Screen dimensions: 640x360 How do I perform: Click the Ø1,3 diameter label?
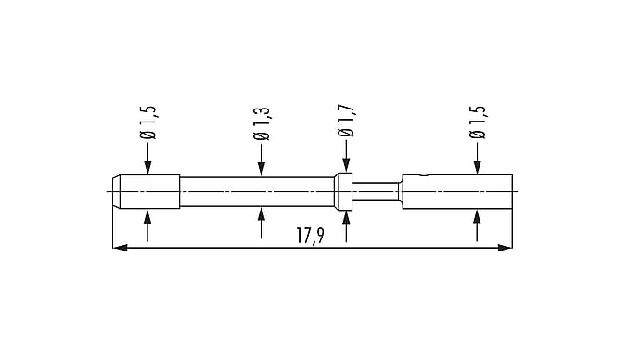coord(262,123)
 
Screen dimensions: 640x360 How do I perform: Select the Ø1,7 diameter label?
coord(346,121)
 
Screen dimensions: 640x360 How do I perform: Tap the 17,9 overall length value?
coord(310,236)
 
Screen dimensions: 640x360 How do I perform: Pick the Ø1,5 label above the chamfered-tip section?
coord(147,122)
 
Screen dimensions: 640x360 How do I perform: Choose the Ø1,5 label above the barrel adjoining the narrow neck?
coord(477,122)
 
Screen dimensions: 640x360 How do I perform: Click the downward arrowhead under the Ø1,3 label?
coord(262,169)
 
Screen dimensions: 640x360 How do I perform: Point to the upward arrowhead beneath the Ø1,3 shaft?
coord(262,214)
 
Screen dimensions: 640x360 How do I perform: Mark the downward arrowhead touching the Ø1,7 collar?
coord(346,165)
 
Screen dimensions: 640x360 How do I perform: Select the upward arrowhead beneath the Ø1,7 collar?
coord(346,218)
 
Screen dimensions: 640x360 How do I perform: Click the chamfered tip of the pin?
coord(116,191)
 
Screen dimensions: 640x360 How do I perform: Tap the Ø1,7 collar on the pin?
coord(344,191)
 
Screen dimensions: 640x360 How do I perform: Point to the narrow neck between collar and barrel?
coord(376,191)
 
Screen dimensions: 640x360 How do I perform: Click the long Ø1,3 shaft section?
coord(257,191)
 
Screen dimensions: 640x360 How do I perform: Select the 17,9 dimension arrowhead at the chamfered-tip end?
coord(120,248)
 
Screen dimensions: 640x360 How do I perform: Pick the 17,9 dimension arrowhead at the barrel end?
coord(505,248)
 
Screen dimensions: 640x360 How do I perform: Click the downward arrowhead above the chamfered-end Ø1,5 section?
coord(147,167)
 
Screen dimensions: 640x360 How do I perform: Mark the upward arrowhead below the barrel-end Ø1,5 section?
coord(477,216)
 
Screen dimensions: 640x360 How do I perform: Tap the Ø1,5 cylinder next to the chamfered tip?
coord(149,191)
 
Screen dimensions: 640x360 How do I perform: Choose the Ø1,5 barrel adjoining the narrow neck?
coord(457,191)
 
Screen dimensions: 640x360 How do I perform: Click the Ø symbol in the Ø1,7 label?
coord(346,133)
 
